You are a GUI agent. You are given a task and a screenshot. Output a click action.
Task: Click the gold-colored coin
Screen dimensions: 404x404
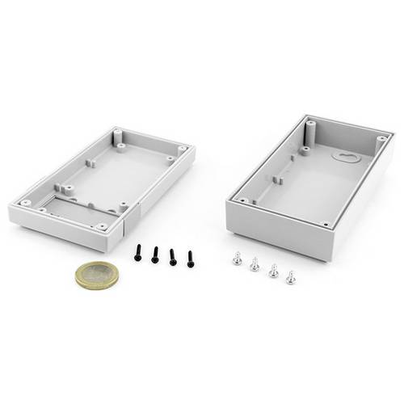pyautogui.click(x=96, y=276)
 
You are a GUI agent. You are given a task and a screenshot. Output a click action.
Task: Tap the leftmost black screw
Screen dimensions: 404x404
pyautogui.click(x=137, y=253)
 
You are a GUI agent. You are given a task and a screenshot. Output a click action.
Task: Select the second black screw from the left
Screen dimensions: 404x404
pyautogui.click(x=154, y=255)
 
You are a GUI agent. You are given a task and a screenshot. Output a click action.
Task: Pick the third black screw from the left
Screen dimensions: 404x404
pyautogui.click(x=172, y=257)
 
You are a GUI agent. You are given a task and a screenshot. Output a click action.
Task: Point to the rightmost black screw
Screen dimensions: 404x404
pyautogui.click(x=191, y=259)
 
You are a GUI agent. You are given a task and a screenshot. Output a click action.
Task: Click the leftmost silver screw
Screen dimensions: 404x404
pyautogui.click(x=237, y=259)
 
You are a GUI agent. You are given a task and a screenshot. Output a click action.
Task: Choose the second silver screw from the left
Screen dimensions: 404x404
pyautogui.click(x=255, y=264)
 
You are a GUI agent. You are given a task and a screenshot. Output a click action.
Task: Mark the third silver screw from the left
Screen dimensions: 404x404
pyautogui.click(x=273, y=271)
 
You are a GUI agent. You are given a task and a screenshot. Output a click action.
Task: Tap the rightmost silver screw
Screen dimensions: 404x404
pyautogui.click(x=290, y=277)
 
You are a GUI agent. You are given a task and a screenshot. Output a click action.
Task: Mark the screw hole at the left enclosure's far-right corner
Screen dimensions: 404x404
pyautogui.click(x=182, y=149)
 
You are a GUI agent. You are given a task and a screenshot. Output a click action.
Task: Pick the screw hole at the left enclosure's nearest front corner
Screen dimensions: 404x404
pyautogui.click(x=103, y=227)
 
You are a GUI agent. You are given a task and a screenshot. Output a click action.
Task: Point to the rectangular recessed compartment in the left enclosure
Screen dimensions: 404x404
pyautogui.click(x=77, y=211)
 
